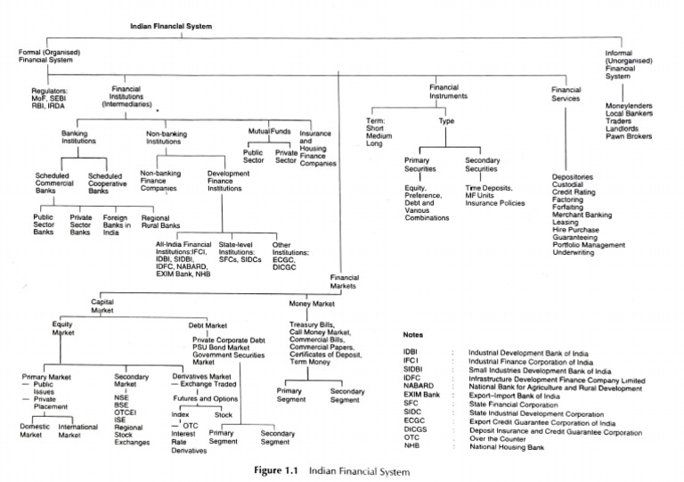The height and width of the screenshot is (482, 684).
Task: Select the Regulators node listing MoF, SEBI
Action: click(x=54, y=96)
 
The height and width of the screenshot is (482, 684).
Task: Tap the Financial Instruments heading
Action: click(x=455, y=93)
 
